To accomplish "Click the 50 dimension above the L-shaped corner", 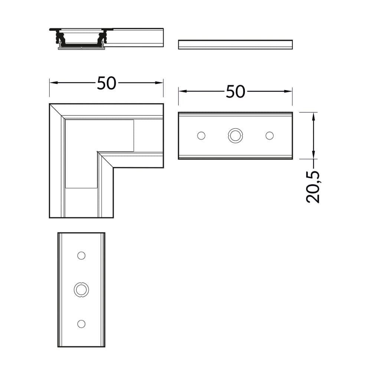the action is coord(106,83).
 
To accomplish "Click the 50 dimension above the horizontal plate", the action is coord(236,92).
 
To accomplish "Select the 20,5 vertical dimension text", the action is coord(313,187).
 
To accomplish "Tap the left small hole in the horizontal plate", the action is coord(201,135).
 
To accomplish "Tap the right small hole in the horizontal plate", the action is coord(269,135).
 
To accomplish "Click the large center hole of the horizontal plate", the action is coord(235,135).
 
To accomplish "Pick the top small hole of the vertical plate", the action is coord(81,256).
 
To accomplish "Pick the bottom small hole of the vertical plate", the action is coord(81,324).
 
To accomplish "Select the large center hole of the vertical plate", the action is coord(81,290).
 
